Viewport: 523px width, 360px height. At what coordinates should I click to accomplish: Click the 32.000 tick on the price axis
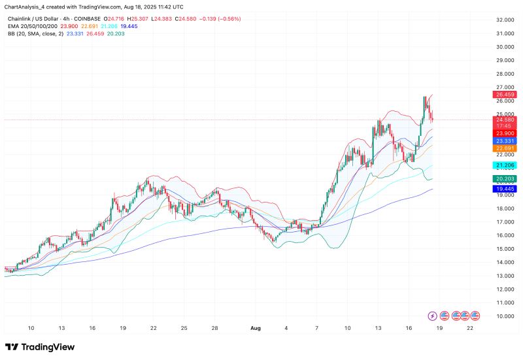pyautogui.click(x=505, y=20)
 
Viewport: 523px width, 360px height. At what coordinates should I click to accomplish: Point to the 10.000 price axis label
pyautogui.click(x=505, y=316)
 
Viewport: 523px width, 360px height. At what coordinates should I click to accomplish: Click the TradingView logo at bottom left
pyautogui.click(x=40, y=347)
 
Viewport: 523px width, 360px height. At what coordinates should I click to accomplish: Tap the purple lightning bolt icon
pyautogui.click(x=433, y=316)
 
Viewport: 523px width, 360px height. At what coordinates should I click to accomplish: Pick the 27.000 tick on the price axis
pyautogui.click(x=505, y=88)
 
